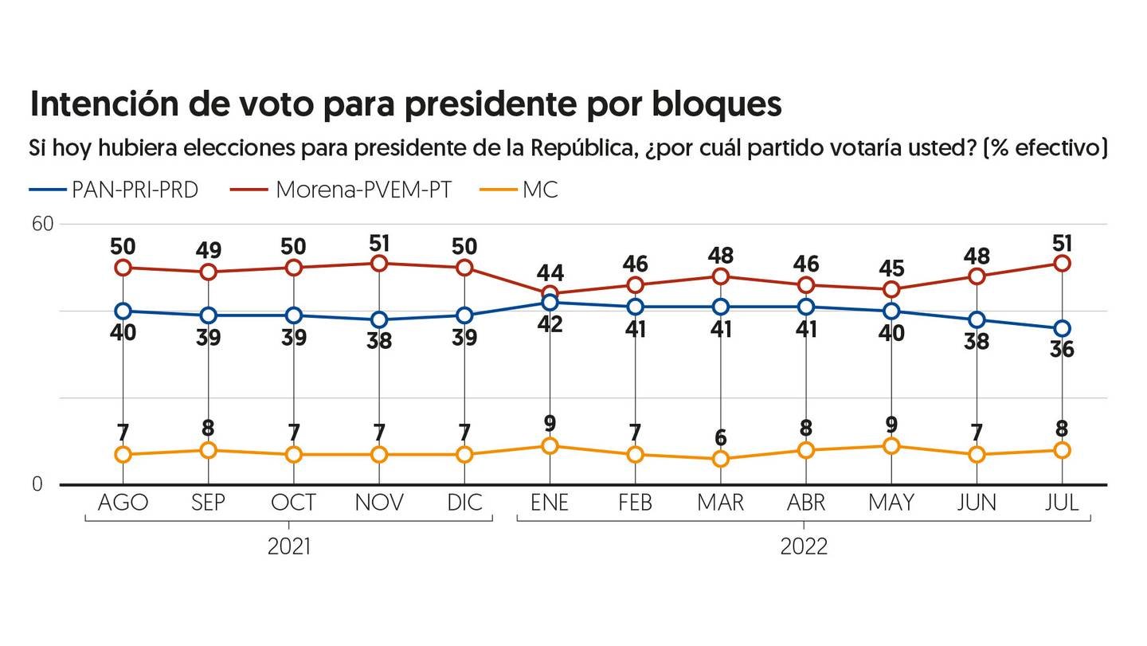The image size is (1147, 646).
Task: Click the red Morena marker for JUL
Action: point(1062,264)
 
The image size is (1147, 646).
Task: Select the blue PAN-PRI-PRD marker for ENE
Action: point(550,303)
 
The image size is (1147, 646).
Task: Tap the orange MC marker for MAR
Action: point(721,459)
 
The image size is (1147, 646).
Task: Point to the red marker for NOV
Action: point(379,264)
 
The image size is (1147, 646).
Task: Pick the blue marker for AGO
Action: point(123,311)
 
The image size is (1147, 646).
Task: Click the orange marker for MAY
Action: point(891,446)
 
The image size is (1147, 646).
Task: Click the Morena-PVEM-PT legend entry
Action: point(342,190)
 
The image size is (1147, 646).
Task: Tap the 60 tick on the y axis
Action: point(42,224)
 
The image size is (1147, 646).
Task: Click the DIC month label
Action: point(464,503)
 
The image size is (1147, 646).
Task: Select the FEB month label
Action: point(635,503)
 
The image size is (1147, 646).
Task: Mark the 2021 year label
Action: point(289,547)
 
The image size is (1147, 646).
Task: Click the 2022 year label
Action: point(804,547)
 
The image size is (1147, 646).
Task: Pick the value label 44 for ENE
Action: point(550,274)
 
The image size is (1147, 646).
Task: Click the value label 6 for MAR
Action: point(721,437)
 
